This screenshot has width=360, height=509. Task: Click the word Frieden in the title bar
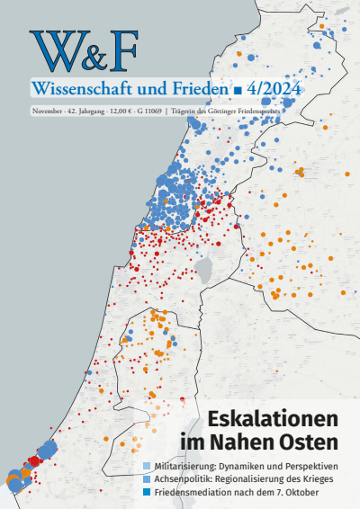point(190,90)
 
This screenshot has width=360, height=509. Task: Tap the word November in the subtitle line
point(46,111)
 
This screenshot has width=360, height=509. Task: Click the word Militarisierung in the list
point(184,466)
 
